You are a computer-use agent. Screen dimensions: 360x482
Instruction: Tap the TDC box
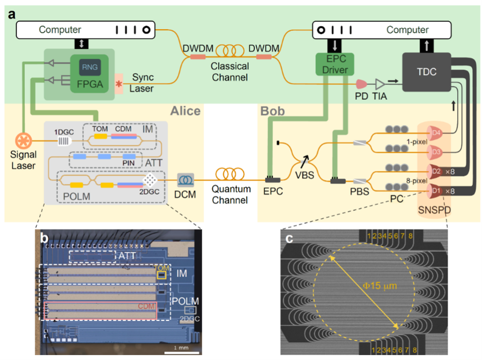pyautogui.click(x=427, y=71)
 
